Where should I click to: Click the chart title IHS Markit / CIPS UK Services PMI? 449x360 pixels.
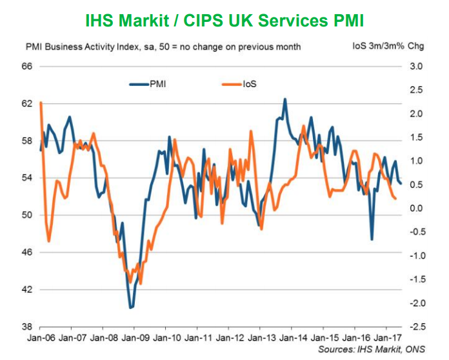[x=224, y=21]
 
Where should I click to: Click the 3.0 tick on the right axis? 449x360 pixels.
[x=415, y=66]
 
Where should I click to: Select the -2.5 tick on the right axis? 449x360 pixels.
[x=414, y=326]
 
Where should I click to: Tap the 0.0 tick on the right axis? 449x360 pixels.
[x=415, y=208]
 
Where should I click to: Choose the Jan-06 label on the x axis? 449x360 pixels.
[x=40, y=337]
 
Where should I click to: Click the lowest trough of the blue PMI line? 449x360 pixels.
[x=131, y=308]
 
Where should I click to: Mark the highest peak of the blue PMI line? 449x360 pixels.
[x=285, y=99]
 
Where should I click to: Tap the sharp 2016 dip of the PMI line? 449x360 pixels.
[x=372, y=239]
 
